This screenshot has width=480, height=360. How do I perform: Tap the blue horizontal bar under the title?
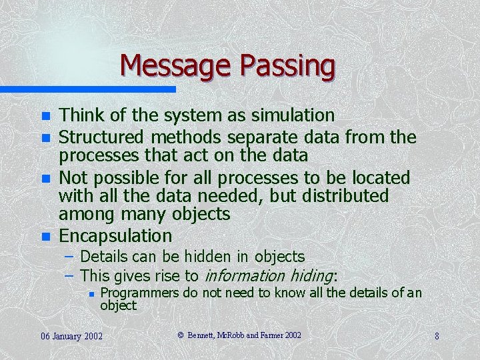(87, 89)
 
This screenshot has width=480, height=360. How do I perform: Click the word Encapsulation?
(115, 236)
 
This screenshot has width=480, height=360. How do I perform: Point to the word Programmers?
(139, 293)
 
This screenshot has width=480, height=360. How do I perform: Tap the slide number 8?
(437, 336)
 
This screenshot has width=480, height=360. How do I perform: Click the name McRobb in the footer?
(231, 335)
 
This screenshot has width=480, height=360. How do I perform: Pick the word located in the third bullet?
(380, 178)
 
